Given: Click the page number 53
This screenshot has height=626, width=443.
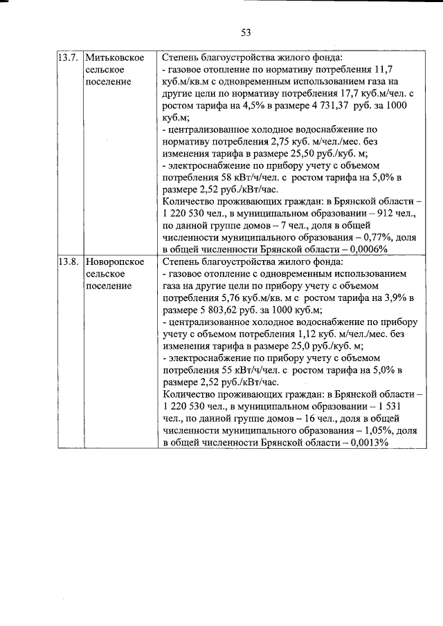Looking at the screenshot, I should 245,32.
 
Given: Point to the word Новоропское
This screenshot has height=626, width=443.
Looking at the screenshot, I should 115,262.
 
